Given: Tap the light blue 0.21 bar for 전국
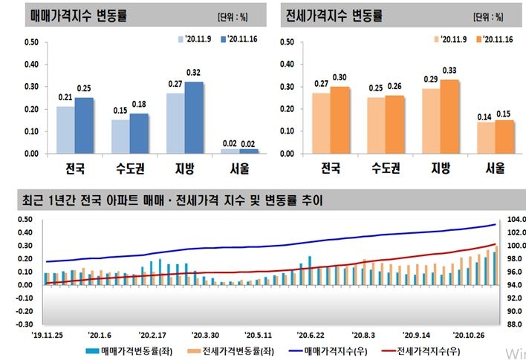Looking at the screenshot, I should pos(65,130).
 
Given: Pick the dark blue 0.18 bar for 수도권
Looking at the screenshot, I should pos(138,134).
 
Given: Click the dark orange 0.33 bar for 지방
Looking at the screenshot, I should pos(449,117).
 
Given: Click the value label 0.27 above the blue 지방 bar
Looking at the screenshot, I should pos(175,85).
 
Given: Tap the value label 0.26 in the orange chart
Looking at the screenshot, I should pos(394,88).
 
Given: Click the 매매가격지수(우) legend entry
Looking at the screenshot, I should pos(330,350).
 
